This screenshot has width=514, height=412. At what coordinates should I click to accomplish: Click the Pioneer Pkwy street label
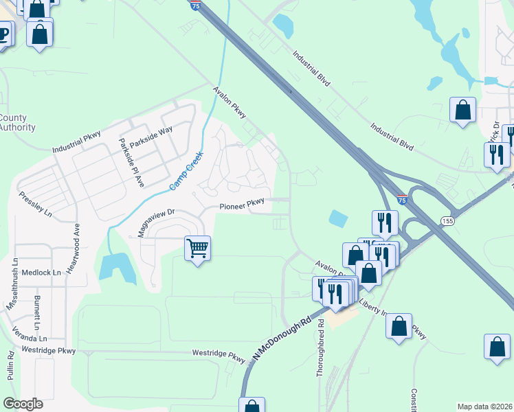(241, 205)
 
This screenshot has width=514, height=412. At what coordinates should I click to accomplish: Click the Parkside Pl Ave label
(130, 163)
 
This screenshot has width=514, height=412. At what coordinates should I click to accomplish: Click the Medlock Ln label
(41, 273)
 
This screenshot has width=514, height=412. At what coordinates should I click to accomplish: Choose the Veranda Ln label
(33, 339)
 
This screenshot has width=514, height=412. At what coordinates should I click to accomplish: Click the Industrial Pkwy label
(76, 144)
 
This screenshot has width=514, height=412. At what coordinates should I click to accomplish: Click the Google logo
(22, 404)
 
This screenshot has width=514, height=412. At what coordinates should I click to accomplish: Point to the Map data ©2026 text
(484, 407)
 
